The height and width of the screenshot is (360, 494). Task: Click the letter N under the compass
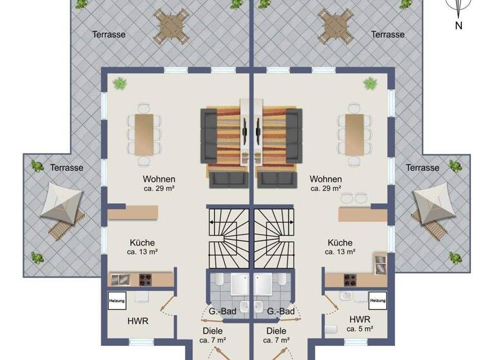coord(459,26)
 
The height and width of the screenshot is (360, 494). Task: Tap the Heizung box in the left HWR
coord(117,300)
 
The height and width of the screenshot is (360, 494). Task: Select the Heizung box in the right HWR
coord(378,300)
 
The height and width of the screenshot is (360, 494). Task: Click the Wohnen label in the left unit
coord(160,179)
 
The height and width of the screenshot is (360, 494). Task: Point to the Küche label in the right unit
coord(340,242)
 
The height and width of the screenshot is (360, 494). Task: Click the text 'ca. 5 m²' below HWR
coord(360,329)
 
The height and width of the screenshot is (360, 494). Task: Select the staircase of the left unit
coord(228,237)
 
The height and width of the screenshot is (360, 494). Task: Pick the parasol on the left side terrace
coord(61,204)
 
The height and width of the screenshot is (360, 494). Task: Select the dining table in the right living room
coord(354,133)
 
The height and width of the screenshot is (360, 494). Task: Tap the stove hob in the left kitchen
coord(146,280)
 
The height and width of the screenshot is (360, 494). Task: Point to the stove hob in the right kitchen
coord(351,280)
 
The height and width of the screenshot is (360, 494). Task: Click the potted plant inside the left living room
coord(120,83)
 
